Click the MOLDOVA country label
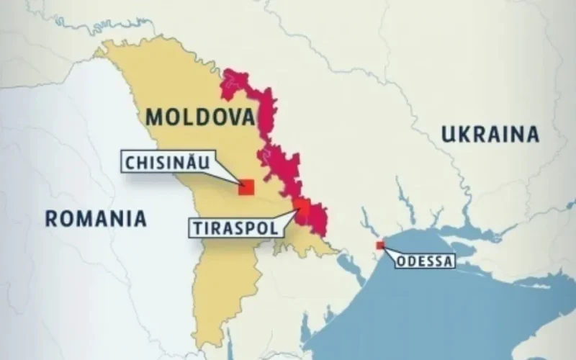200,117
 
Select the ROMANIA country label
96,218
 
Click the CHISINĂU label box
167,162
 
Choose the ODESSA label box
425,261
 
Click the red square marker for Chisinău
247,187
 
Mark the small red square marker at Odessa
380,246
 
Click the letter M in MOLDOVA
156,117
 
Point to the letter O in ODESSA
401,261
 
